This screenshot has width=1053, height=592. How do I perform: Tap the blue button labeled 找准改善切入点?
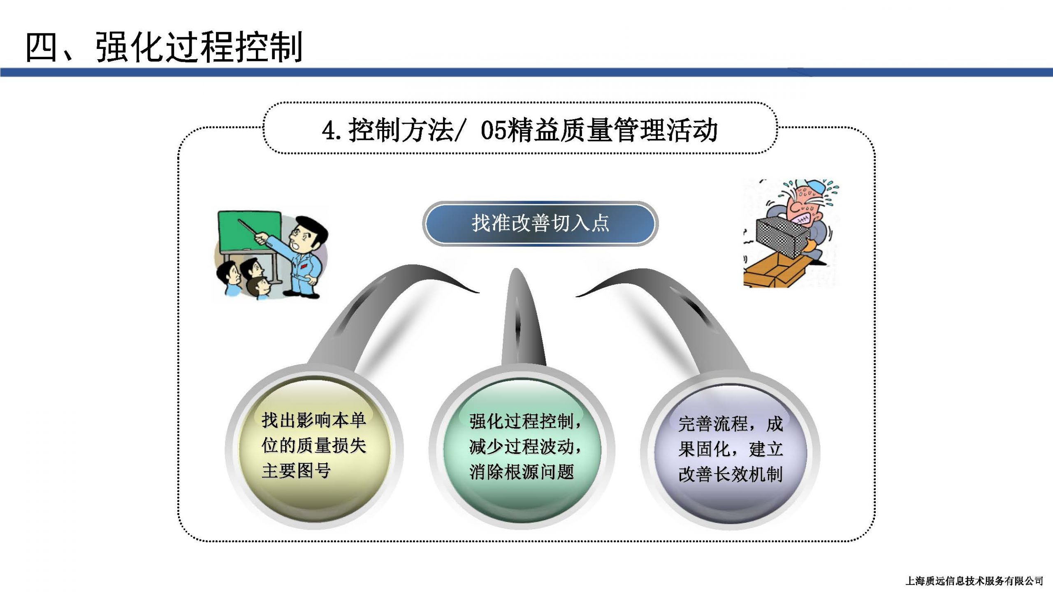[540, 223]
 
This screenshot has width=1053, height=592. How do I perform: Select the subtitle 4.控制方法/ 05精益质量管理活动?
[520, 130]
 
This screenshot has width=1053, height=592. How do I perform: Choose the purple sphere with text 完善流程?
[731, 451]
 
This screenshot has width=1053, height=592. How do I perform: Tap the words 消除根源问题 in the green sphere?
[522, 472]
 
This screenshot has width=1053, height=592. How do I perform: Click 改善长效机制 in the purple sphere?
[731, 474]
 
